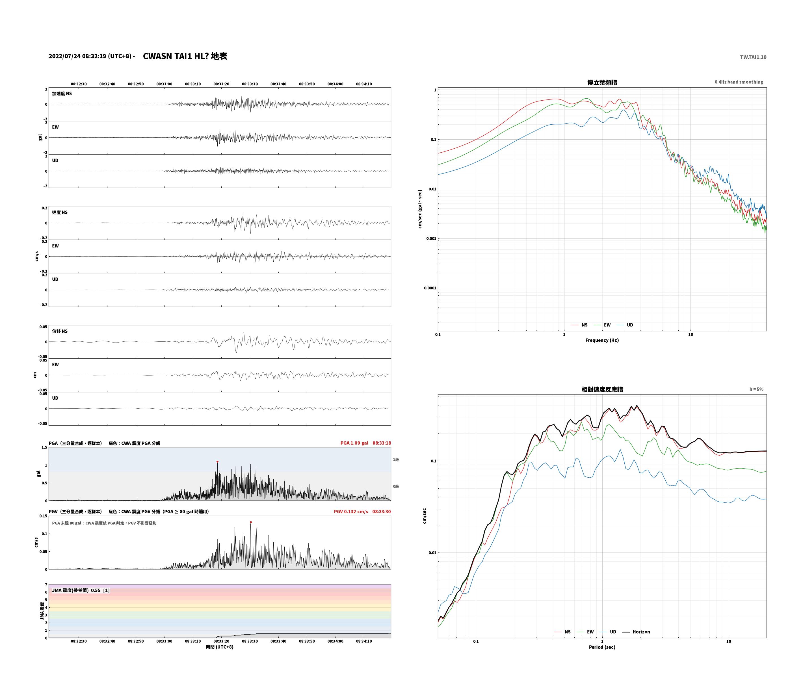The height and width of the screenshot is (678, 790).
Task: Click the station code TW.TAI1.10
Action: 753,57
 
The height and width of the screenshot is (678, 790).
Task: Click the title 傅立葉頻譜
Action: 602,82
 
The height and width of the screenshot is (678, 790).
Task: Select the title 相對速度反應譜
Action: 602,389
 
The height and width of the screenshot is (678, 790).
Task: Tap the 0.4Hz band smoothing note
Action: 739,82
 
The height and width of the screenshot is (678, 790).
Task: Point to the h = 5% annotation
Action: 756,389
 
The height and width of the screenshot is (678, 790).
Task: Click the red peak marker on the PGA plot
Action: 217,462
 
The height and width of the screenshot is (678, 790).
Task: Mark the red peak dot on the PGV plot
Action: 250,522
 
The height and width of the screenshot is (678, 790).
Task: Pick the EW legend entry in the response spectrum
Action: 585,632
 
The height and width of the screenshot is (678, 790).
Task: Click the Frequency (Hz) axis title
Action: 602,340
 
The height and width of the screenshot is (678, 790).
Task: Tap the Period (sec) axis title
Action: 602,647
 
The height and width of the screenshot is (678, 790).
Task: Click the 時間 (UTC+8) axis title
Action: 220,647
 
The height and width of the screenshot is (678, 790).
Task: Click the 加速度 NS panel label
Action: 62,94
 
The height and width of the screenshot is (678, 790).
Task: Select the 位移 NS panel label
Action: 60,332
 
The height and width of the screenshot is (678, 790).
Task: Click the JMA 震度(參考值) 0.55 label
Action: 81,590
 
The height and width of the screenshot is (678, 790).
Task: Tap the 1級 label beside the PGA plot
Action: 396,460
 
